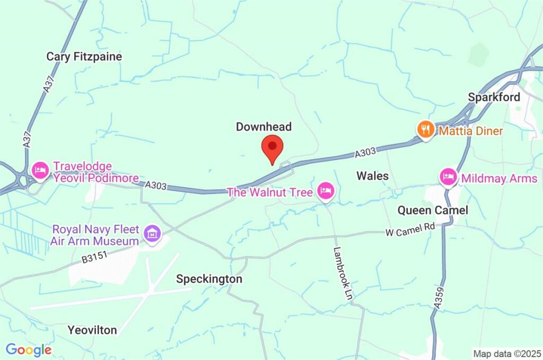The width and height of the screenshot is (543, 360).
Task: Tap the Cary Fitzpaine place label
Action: point(84,57)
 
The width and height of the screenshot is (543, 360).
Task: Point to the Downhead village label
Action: point(264,127)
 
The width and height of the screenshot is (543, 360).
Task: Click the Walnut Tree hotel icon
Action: point(325,191)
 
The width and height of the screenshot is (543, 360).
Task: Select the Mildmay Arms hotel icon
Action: point(449,177)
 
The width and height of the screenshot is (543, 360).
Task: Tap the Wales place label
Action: point(372,175)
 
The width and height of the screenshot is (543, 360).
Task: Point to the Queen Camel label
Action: point(433,210)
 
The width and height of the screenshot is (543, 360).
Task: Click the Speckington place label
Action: point(209,279)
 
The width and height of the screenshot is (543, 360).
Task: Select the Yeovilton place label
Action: point(92,330)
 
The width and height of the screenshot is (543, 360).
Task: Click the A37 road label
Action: point(48,84)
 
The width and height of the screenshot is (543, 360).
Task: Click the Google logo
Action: point(29,350)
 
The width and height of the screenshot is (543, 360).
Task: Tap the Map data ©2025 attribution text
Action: point(507,353)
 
